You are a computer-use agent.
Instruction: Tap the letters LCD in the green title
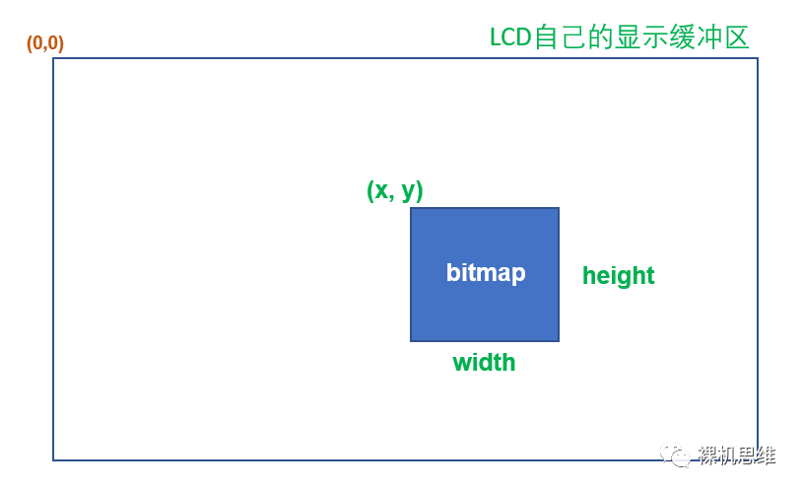coord(510,37)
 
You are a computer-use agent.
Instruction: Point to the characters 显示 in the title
coord(640,37)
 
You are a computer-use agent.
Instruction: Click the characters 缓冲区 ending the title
coord(708,37)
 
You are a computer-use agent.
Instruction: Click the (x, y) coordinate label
coord(394,190)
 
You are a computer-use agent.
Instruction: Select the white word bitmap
coord(485,273)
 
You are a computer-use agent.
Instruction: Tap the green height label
coord(618,276)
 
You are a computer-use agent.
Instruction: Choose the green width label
coord(484,363)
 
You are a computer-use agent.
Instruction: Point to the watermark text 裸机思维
coord(736,456)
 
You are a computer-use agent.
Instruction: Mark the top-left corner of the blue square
coord(411,208)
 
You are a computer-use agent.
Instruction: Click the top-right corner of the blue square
coord(559,208)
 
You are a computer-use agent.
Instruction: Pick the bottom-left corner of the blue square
coord(411,341)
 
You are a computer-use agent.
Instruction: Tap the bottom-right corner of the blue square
coord(559,341)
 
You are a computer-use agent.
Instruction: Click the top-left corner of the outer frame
coord(53,58)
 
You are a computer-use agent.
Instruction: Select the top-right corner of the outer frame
coord(758,58)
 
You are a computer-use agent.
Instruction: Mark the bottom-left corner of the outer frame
coord(53,459)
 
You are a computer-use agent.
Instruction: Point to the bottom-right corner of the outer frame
coord(758,459)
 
